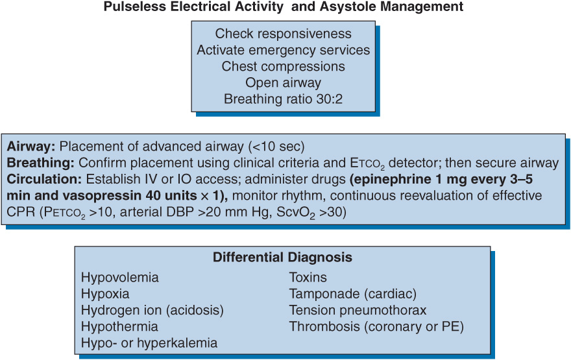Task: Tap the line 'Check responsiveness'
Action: (284, 34)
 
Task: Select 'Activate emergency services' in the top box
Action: (284, 50)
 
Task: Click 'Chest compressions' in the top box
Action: (284, 67)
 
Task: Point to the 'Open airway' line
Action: (284, 83)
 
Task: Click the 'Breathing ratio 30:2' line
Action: (284, 99)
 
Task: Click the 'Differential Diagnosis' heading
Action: (282, 258)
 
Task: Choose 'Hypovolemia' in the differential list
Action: (119, 278)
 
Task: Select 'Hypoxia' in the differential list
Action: (105, 294)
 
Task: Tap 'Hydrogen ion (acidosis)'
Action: (152, 310)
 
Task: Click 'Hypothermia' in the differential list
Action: (119, 326)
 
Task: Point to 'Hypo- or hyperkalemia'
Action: (149, 342)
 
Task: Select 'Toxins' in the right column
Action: (308, 278)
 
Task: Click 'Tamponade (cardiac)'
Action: (353, 294)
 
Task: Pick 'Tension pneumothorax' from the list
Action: (358, 310)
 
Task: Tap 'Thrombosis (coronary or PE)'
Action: (376, 326)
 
